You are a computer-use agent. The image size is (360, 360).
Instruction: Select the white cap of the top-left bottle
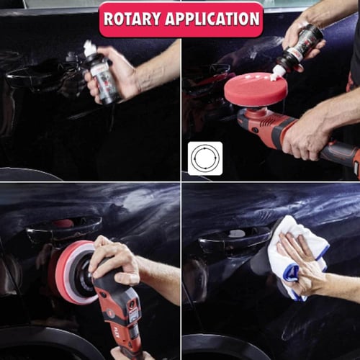(x=91, y=49)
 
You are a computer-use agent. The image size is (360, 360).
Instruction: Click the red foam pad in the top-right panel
(x=256, y=90)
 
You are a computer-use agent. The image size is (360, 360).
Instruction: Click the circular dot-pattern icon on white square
(x=205, y=158)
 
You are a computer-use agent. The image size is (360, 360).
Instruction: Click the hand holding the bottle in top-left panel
(x=126, y=68)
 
